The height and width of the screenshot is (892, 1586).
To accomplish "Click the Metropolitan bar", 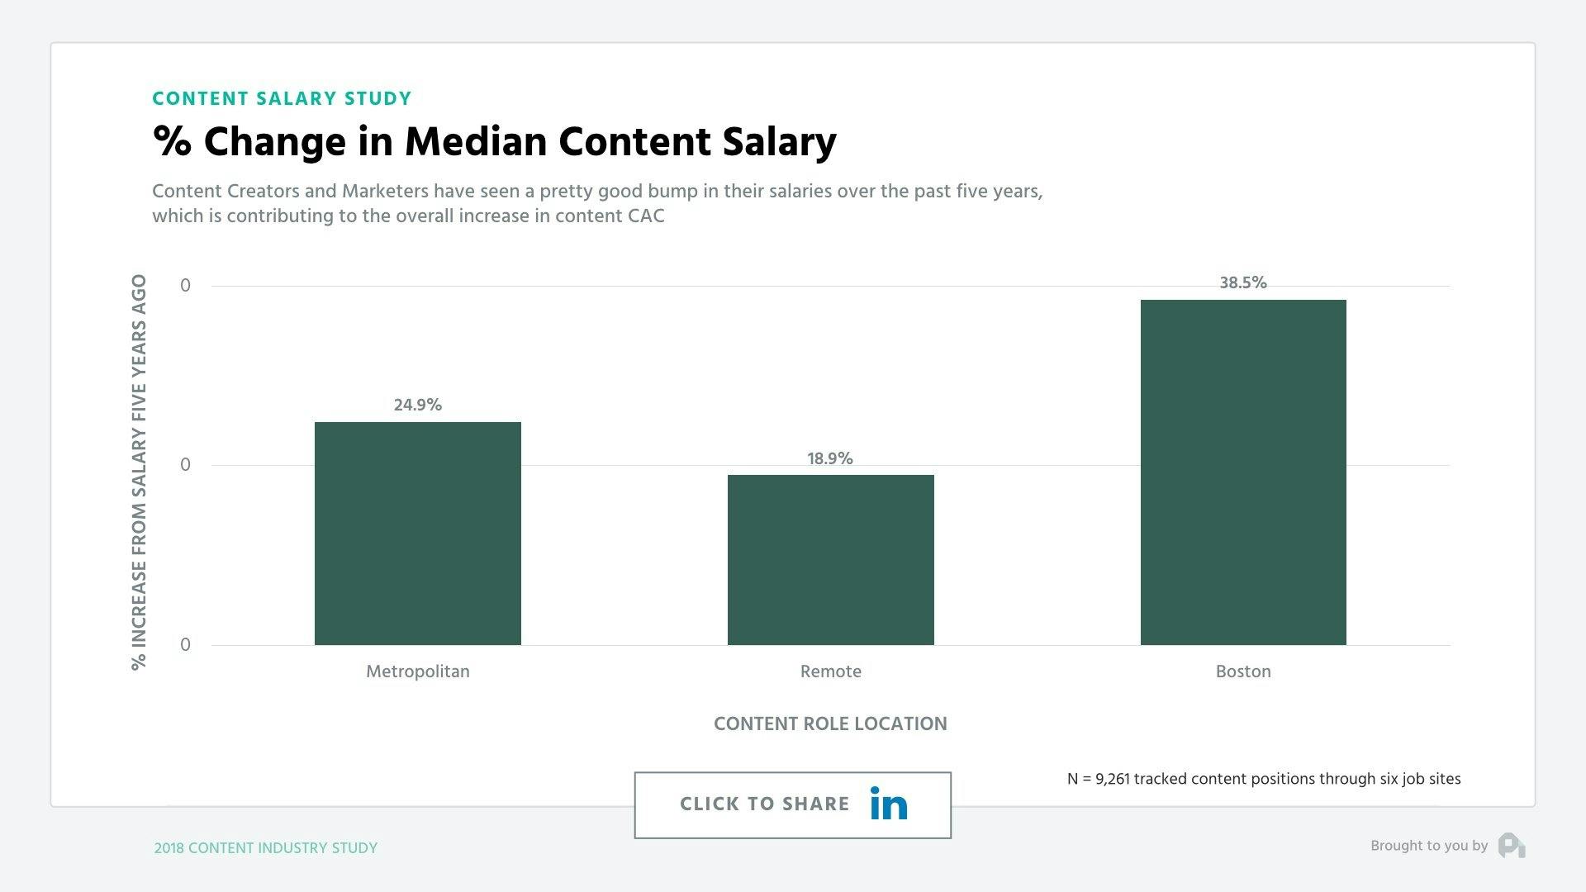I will click(x=417, y=533).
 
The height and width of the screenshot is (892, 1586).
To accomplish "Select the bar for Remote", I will click(x=830, y=559).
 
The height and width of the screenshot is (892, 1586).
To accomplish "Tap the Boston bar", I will click(x=1243, y=472).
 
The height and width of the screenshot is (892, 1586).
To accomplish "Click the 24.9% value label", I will click(x=417, y=405).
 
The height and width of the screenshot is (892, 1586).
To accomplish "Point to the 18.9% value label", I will click(x=830, y=458).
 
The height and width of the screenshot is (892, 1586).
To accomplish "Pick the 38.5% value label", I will click(x=1243, y=282).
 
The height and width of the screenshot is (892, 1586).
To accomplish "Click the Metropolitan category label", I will click(x=417, y=671).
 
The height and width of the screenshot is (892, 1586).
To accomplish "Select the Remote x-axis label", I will click(x=830, y=671).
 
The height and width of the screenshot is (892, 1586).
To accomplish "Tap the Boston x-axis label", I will click(x=1243, y=671).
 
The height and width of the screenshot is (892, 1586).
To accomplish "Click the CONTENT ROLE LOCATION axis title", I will click(x=830, y=724).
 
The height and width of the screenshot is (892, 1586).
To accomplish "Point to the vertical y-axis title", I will click(x=139, y=472).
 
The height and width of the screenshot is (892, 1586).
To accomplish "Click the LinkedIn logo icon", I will click(x=889, y=804).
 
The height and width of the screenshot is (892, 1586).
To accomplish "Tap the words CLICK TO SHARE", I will click(x=764, y=804).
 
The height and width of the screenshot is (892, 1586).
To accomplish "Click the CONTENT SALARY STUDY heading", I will click(x=282, y=99).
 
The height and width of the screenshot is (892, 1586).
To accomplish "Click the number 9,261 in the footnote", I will click(x=1112, y=779).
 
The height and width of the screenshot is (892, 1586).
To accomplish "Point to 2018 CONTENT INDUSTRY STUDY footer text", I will click(x=265, y=848).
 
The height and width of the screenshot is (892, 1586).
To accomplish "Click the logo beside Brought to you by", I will click(x=1512, y=846).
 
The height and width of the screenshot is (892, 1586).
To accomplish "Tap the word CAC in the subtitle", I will click(x=645, y=216).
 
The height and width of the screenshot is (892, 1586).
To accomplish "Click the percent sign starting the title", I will click(x=172, y=141).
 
